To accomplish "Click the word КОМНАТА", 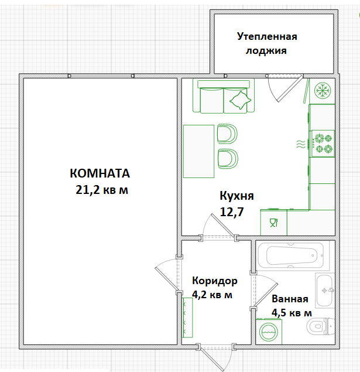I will tap(99, 174).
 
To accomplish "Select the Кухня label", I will tap(236, 196).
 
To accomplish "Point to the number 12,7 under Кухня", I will tap(231, 211).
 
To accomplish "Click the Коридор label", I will tap(215, 281).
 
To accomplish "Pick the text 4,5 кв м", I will tap(292, 313).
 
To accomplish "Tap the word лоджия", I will tap(266, 50).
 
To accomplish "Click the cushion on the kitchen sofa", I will tap(239, 102).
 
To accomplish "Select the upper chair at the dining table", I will tap(227, 133).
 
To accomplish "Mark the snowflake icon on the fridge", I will tap(321, 91).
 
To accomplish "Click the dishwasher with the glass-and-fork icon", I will tap(273, 222).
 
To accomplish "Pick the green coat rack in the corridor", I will tap(187, 317).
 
